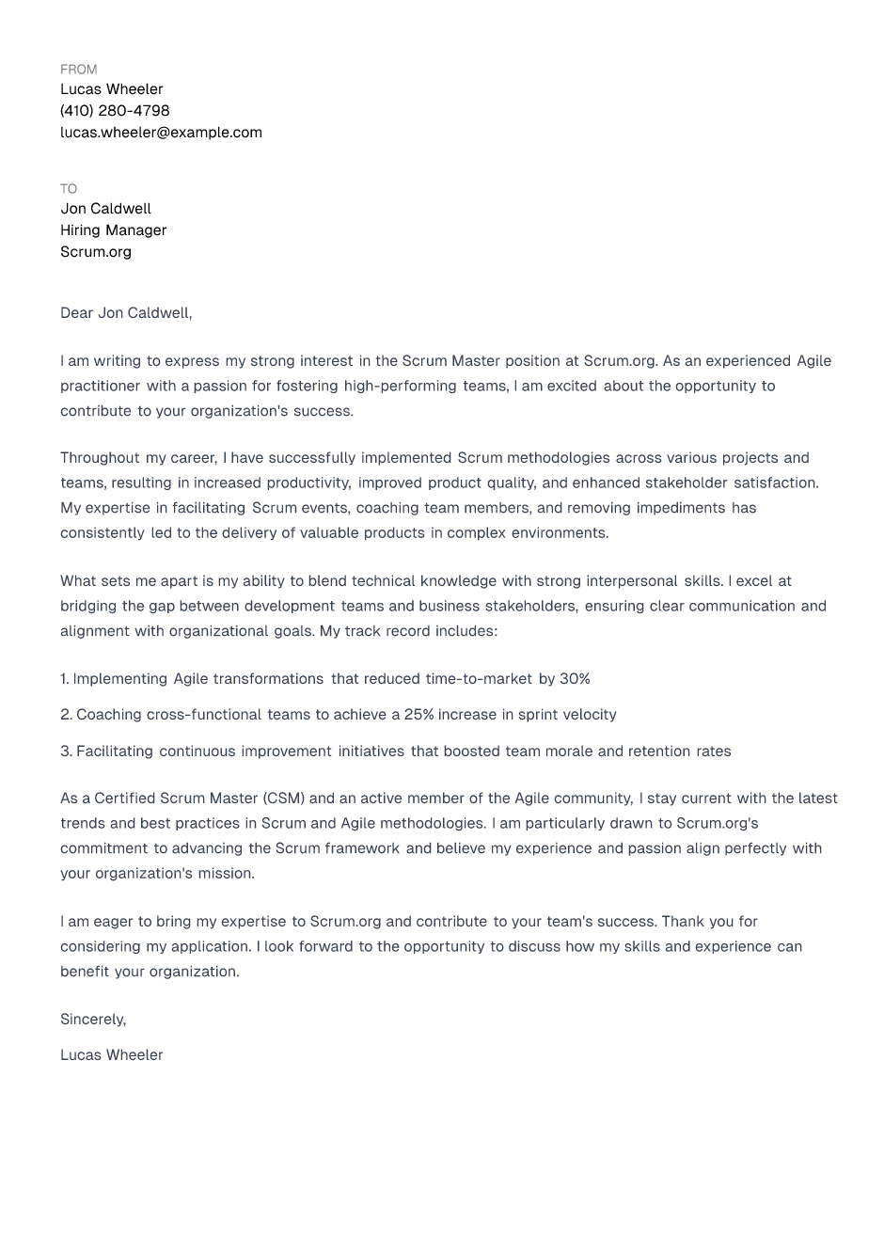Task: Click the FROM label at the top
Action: pyautogui.click(x=78, y=70)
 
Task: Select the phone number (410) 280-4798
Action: pyautogui.click(x=115, y=111)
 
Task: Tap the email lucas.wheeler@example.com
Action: pyautogui.click(x=161, y=133)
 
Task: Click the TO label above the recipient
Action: pyautogui.click(x=69, y=189)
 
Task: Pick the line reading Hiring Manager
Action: pyautogui.click(x=113, y=230)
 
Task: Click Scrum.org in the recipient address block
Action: pyautogui.click(x=96, y=252)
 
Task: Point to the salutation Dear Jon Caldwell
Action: pyautogui.click(x=126, y=313)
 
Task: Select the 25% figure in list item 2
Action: pyautogui.click(x=418, y=715)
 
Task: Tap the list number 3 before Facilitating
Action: pyautogui.click(x=65, y=752)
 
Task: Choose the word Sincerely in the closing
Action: pyautogui.click(x=92, y=1020)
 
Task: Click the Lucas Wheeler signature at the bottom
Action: pyautogui.click(x=111, y=1055)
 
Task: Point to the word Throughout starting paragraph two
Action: pyautogui.click(x=99, y=458)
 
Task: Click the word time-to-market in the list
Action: pyautogui.click(x=479, y=679)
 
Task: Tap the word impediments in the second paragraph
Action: pyautogui.click(x=681, y=508)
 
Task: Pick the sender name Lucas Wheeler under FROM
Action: pyautogui.click(x=111, y=89)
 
